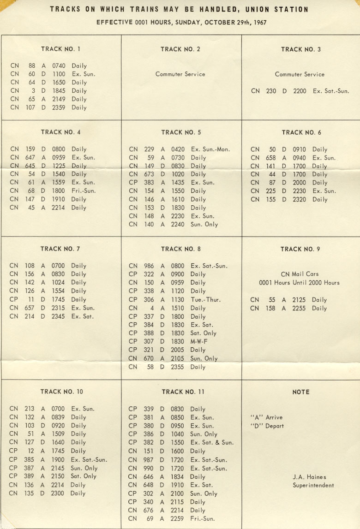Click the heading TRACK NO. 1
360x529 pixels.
point(60,49)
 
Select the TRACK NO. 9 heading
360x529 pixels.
point(300,249)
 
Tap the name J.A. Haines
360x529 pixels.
point(310,477)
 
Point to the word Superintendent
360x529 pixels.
point(313,485)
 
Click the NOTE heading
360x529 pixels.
point(301,392)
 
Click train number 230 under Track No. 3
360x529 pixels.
point(271,91)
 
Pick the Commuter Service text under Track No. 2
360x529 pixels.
point(180,74)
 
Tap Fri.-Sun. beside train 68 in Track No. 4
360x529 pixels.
point(84,191)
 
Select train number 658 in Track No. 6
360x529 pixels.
point(271,158)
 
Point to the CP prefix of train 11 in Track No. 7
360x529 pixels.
point(14,299)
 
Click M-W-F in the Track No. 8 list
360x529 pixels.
point(199,342)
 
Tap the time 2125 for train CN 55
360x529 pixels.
point(299,300)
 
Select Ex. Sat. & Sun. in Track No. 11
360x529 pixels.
point(212,443)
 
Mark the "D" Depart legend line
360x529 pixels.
point(267,426)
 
